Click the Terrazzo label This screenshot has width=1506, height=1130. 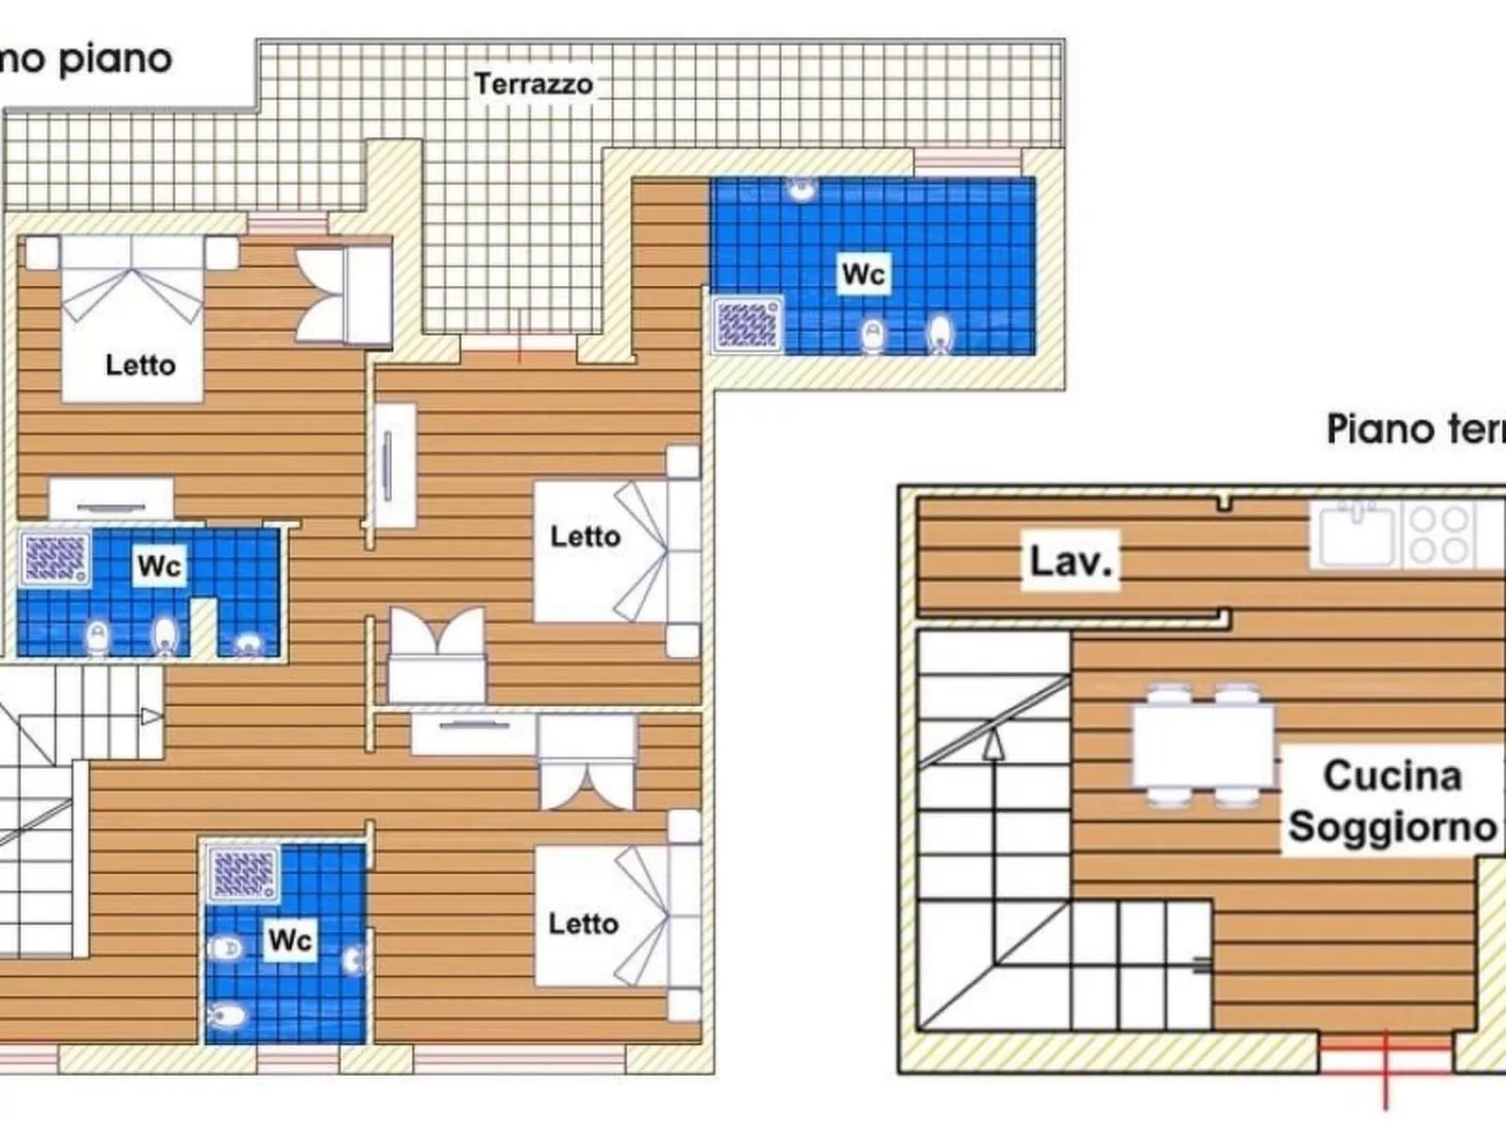pos(533,84)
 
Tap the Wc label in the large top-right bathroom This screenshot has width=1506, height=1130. pos(863,274)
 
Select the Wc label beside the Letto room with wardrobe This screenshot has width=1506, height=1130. pos(158,565)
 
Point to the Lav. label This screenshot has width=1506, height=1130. pos(1070,561)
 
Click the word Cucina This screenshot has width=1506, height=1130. pos(1393,776)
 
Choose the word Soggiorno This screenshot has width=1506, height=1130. pos(1393,826)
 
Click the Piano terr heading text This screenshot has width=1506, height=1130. pos(1415,429)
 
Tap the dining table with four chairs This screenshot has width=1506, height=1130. pos(1203,746)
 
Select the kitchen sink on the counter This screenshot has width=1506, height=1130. pos(1356,535)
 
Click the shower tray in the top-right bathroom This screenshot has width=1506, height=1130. pos(747,324)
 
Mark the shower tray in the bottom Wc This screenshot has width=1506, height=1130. pos(243,873)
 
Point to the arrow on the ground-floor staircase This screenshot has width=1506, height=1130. pos(993,745)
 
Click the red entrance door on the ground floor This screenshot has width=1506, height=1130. pos(1385,1055)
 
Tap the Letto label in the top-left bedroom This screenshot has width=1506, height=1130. pos(140,365)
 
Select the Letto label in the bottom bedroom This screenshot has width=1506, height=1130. pos(583,924)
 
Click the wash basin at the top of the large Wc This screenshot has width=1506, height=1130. pos(801,188)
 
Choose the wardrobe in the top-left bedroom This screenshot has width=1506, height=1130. pos(343,295)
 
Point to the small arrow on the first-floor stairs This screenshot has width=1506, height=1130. pos(151,716)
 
